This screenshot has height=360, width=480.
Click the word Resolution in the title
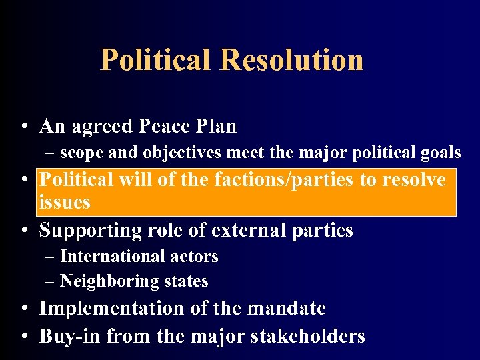[292, 59]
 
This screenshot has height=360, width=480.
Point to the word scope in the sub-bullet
[82, 153]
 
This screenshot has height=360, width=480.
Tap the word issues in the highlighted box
[65, 202]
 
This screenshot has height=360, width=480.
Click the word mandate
[287, 308]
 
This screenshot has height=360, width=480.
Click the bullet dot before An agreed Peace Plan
[23, 127]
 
